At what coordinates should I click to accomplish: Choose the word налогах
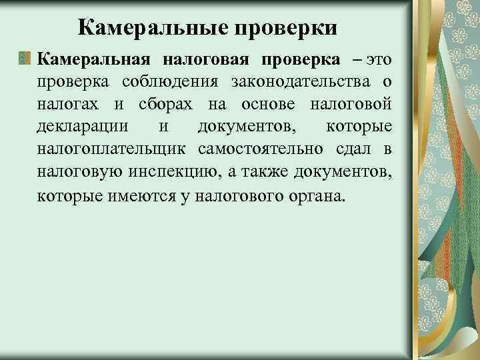click(x=64, y=105)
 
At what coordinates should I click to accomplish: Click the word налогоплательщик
click(x=111, y=150)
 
